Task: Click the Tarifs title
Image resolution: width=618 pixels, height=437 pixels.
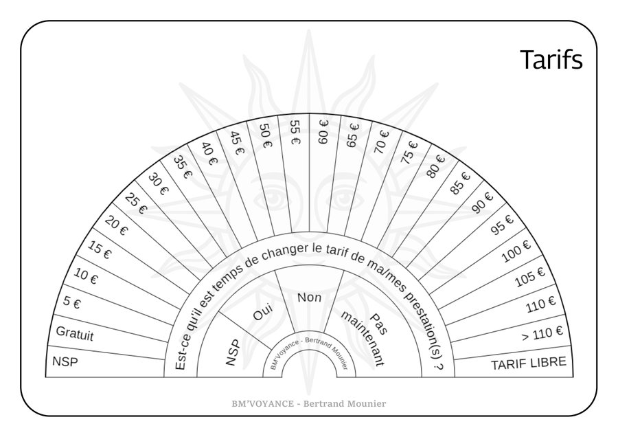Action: (x=551, y=60)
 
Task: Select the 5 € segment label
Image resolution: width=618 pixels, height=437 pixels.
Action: (x=71, y=303)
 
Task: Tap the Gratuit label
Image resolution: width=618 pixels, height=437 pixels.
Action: (x=75, y=334)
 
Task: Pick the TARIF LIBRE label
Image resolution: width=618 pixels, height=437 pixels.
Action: (x=529, y=363)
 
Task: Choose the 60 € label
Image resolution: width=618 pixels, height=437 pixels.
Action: (x=323, y=132)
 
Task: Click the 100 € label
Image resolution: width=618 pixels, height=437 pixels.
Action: (x=516, y=251)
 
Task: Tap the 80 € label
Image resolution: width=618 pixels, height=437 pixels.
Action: (x=435, y=166)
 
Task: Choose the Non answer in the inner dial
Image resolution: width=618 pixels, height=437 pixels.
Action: (x=310, y=297)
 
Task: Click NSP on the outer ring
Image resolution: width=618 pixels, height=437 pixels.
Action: (x=65, y=361)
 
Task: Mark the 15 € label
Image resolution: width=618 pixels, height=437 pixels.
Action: (x=100, y=250)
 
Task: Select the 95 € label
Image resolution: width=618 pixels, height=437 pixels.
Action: (x=503, y=225)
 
